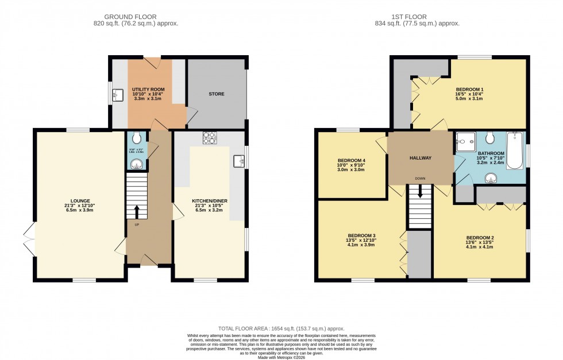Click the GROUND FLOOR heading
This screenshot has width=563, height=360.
(136, 17)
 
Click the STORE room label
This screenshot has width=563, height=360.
(217, 94)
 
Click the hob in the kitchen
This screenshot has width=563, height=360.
(209, 137)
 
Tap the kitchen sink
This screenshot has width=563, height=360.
(239, 161)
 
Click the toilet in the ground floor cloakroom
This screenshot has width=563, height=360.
(136, 138)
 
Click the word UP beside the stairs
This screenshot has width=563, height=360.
(137, 224)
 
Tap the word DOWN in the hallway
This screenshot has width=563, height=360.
(421, 179)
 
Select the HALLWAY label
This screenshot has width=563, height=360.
(420, 158)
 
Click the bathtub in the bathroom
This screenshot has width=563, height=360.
(515, 150)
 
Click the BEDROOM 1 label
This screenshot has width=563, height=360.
(469, 90)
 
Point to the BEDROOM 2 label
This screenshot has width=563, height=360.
(480, 238)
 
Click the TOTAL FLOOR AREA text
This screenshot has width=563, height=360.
(281, 326)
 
